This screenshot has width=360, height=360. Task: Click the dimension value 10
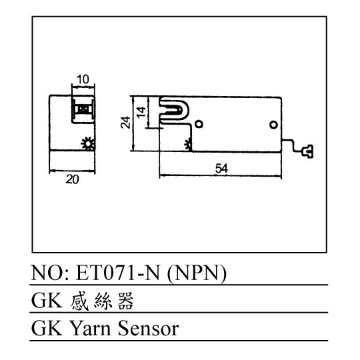pyautogui.click(x=83, y=79)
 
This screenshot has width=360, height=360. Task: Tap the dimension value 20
pyautogui.click(x=72, y=179)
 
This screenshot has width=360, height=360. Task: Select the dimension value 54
pyautogui.click(x=221, y=169)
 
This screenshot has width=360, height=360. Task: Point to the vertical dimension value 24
pyautogui.click(x=125, y=122)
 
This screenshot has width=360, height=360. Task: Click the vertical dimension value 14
pyautogui.click(x=141, y=112)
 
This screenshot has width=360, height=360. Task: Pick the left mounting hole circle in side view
pyautogui.click(x=199, y=124)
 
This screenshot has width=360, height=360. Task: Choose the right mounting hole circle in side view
pyautogui.click(x=273, y=125)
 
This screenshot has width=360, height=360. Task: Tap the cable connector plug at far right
pyautogui.click(x=307, y=151)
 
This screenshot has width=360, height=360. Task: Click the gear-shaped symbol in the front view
pyautogui.click(x=88, y=143)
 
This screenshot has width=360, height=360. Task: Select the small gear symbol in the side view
pyautogui.click(x=188, y=145)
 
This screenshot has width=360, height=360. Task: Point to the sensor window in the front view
pyautogui.click(x=83, y=109)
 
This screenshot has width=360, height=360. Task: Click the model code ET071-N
pyautogui.click(x=117, y=273)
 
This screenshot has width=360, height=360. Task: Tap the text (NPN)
pyautogui.click(x=197, y=274)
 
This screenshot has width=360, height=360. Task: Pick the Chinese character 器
pyautogui.click(x=125, y=301)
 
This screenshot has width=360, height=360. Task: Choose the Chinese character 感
pyautogui.click(x=79, y=301)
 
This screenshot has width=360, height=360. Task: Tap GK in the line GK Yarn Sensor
pyautogui.click(x=47, y=329)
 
